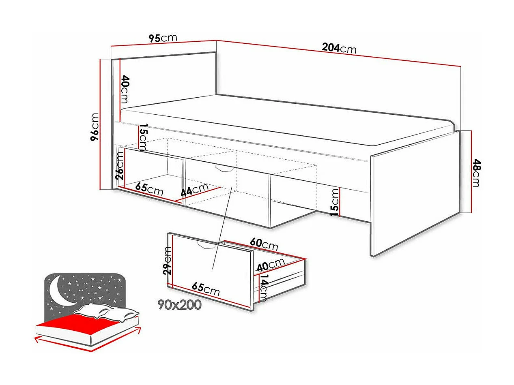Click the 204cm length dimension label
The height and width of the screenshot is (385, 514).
[x=339, y=48]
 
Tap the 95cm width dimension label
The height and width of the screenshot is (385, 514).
[x=163, y=38]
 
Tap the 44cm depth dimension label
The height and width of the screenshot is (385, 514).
[x=194, y=190]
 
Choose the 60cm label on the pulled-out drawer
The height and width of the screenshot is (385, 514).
[x=264, y=244]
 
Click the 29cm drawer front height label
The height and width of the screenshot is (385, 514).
[x=167, y=261]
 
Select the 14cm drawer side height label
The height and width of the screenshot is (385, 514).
[x=264, y=288]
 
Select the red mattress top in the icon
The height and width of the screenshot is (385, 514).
[x=81, y=325]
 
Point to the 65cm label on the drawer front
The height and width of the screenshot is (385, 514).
[x=206, y=289]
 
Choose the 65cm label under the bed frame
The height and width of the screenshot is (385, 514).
[x=149, y=189]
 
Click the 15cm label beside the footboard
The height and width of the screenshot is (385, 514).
[x=335, y=201]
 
